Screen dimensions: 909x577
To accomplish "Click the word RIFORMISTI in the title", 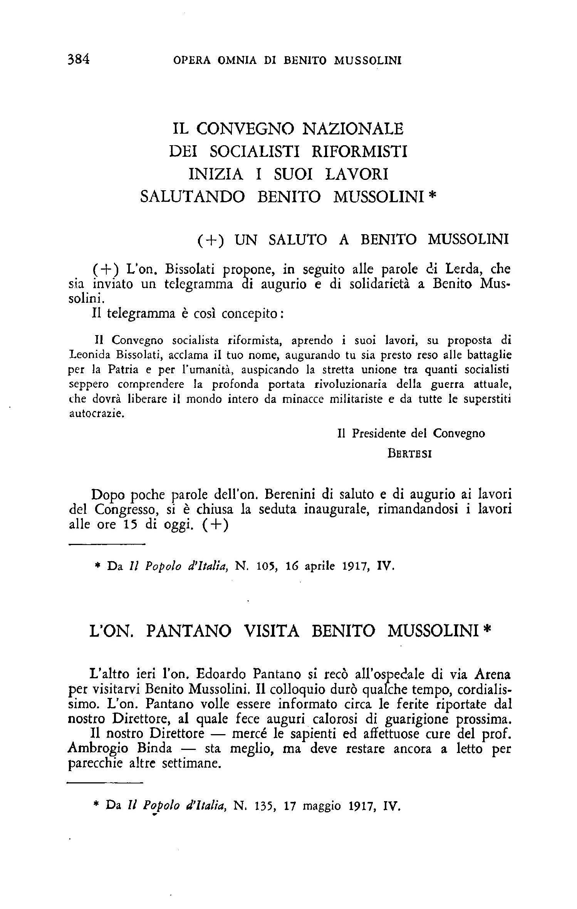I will coord(359,151).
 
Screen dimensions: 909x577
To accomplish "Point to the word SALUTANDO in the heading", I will coord(192,196).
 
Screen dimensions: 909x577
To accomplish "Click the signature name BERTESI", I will coord(409,454).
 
